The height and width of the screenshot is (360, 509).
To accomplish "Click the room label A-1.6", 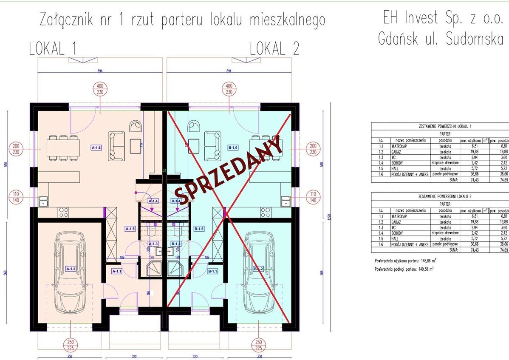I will click(96, 148).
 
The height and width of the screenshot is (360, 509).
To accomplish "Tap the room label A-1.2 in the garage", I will click(71, 269).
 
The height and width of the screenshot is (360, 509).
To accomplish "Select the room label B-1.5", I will click(199, 229).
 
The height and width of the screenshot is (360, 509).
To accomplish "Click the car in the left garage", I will click(70, 273).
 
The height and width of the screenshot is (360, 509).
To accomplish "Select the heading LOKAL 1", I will click(53, 49).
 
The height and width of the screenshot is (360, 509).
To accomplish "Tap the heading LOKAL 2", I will click(274, 49).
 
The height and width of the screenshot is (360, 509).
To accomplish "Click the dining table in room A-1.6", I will click(62, 148).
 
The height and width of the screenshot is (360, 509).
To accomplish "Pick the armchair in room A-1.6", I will click(136, 127).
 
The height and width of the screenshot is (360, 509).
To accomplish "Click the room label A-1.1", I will click(116, 271).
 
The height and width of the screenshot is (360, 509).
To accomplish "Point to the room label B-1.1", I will click(212, 271).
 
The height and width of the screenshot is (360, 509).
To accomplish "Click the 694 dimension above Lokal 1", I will click(100, 71).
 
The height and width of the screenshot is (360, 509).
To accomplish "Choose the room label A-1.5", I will click(130, 229).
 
